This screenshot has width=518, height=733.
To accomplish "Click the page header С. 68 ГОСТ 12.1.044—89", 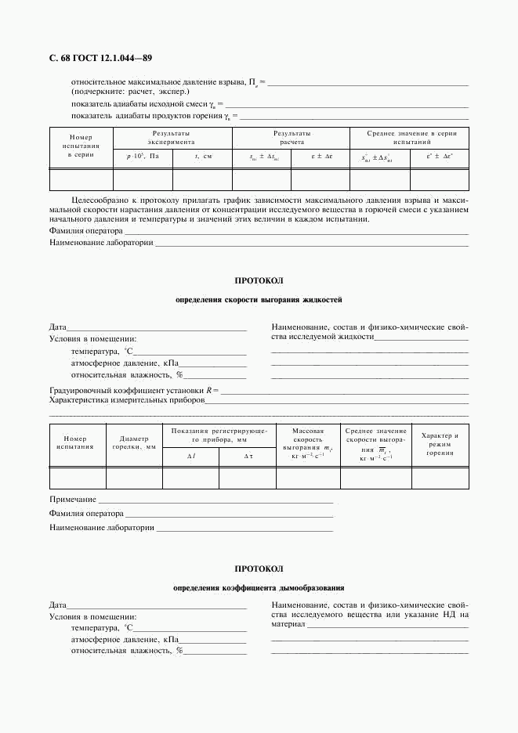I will tap(100, 58).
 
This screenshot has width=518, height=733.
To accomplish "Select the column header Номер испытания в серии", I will tap(81, 146).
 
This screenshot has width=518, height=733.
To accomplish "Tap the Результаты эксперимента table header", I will tap(172, 138).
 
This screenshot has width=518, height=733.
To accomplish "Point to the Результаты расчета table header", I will tap(292, 138).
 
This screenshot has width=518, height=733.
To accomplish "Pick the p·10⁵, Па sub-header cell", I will tap(143, 157).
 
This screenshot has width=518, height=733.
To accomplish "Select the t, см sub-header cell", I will tap(203, 157).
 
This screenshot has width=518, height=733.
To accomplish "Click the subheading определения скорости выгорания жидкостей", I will tap(259, 300).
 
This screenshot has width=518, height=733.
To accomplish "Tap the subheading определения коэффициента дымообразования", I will tap(259, 587).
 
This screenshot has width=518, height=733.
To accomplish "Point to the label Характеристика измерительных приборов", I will tap(127, 399).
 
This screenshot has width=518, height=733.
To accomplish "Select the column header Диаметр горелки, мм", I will tap(133, 442).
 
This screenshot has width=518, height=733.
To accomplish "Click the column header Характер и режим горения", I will tap(440, 444).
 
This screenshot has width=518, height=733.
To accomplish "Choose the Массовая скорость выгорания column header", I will tap(308, 442).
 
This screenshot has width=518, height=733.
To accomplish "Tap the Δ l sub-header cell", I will tap(190, 456).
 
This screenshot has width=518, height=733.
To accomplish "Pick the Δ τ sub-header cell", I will tap(248, 456).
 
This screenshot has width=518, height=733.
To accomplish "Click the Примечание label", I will tap(73, 499).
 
